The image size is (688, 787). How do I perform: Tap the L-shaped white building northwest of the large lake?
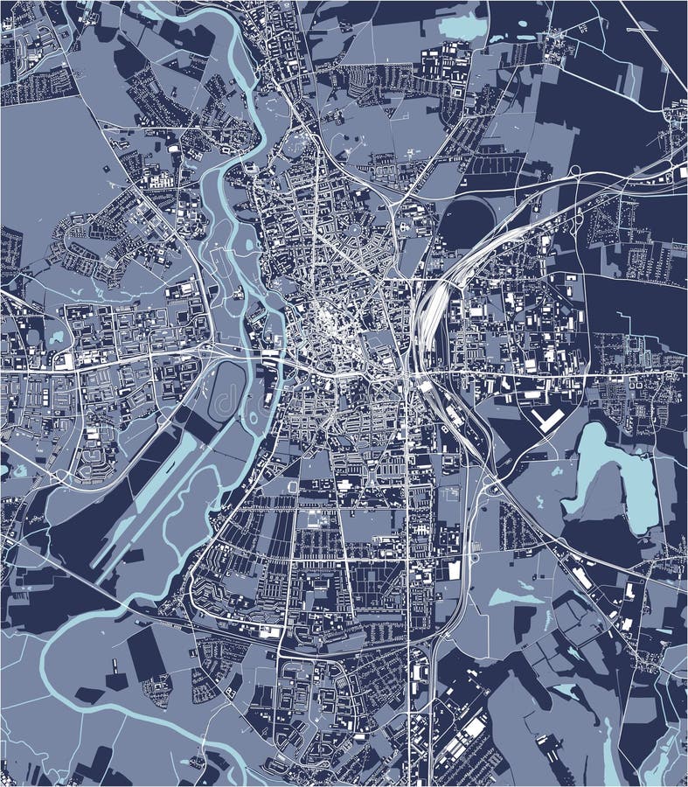tap(548, 421)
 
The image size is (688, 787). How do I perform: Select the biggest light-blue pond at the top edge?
tap(462, 26)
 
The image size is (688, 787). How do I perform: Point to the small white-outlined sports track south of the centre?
tap(293, 484)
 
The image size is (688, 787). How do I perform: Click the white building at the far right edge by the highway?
tap(681, 173)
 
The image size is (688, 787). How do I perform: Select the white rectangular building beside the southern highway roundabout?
tap(453, 570)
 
